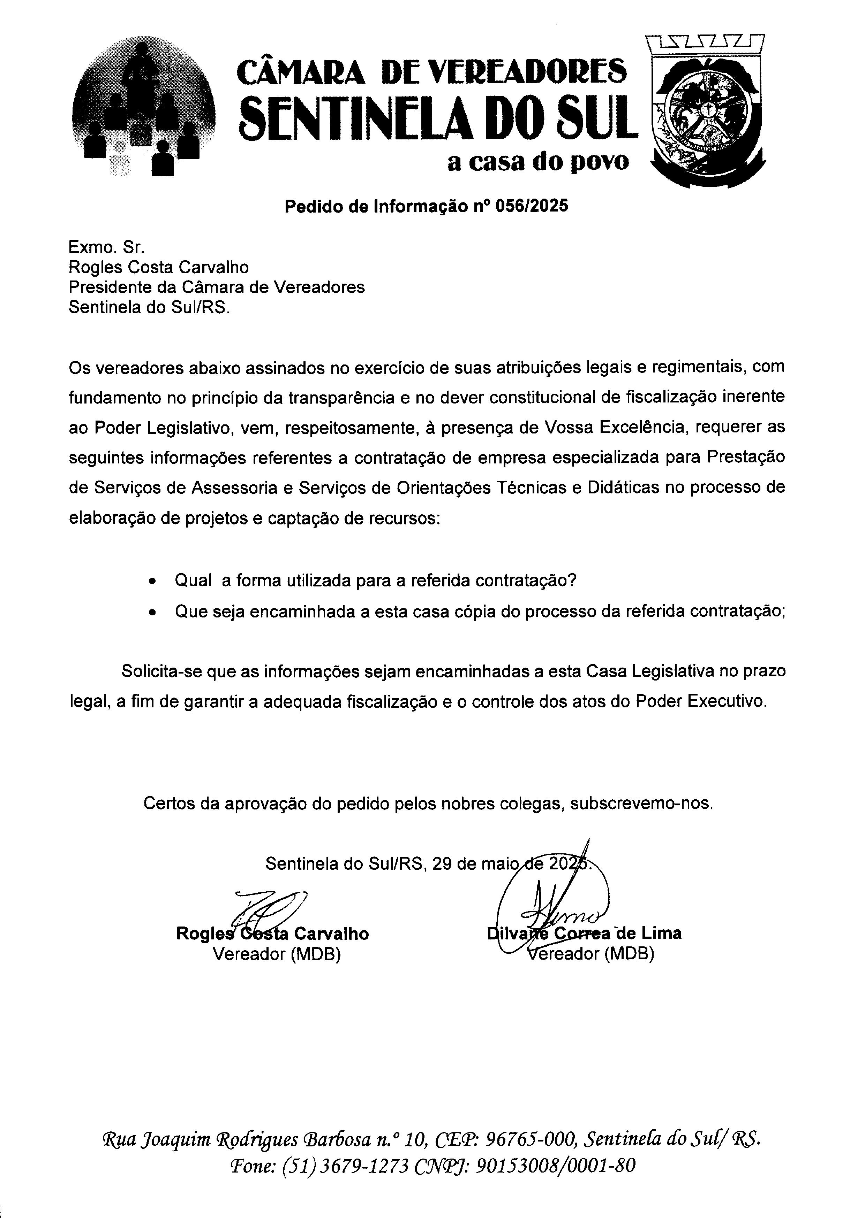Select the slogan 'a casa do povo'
[x=538, y=162]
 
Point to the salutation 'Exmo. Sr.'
[x=106, y=247]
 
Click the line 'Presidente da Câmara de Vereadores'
[x=217, y=287]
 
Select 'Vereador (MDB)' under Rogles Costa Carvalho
[x=277, y=954]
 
